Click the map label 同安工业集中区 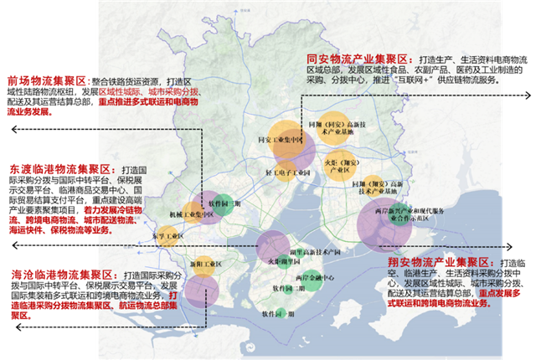[280, 139]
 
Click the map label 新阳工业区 [204, 265]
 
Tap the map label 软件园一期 [276, 316]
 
